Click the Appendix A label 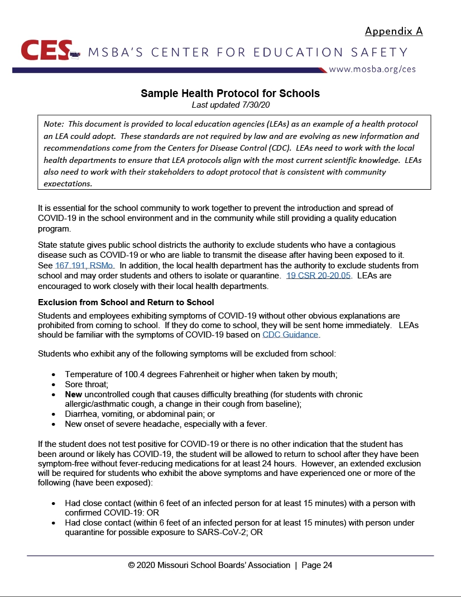393,31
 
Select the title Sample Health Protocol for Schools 230,93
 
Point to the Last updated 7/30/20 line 230,104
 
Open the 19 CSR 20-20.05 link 318,275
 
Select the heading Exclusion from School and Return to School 126,302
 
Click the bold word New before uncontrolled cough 74,394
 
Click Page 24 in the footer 317,565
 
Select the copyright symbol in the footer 131,565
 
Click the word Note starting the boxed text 53,124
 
